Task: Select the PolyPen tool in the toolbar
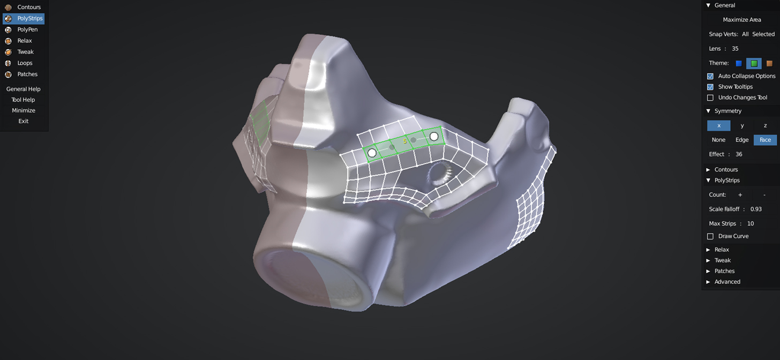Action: click(x=24, y=29)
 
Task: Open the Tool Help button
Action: click(x=24, y=100)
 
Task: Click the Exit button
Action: click(x=24, y=121)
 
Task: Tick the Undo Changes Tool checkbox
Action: click(x=710, y=98)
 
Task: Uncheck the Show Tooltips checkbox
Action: click(x=710, y=87)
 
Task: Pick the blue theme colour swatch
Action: click(x=739, y=63)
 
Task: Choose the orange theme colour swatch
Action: click(x=769, y=63)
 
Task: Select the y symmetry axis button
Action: click(x=742, y=126)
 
